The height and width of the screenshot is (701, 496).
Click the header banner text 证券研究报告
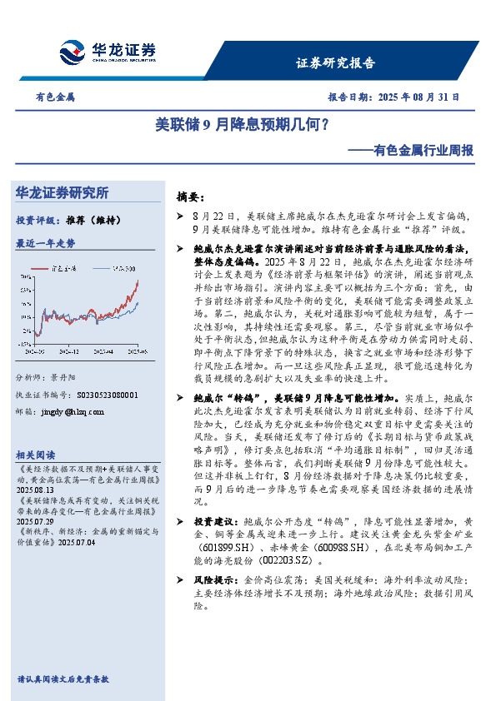(335, 62)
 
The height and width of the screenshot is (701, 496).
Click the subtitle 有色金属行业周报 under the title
(413, 151)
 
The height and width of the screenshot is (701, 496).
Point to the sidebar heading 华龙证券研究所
(63, 193)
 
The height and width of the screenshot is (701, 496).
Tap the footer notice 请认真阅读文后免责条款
(63, 679)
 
